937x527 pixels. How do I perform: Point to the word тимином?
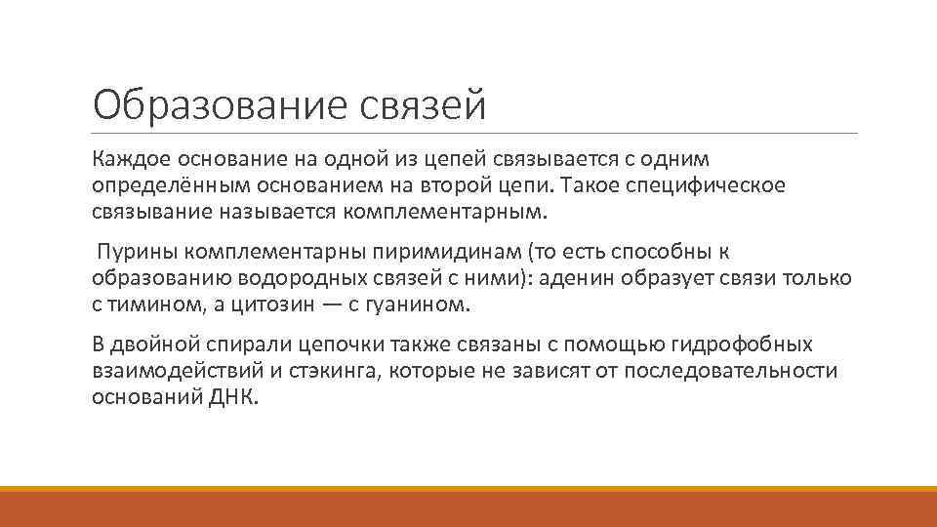[148, 304]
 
